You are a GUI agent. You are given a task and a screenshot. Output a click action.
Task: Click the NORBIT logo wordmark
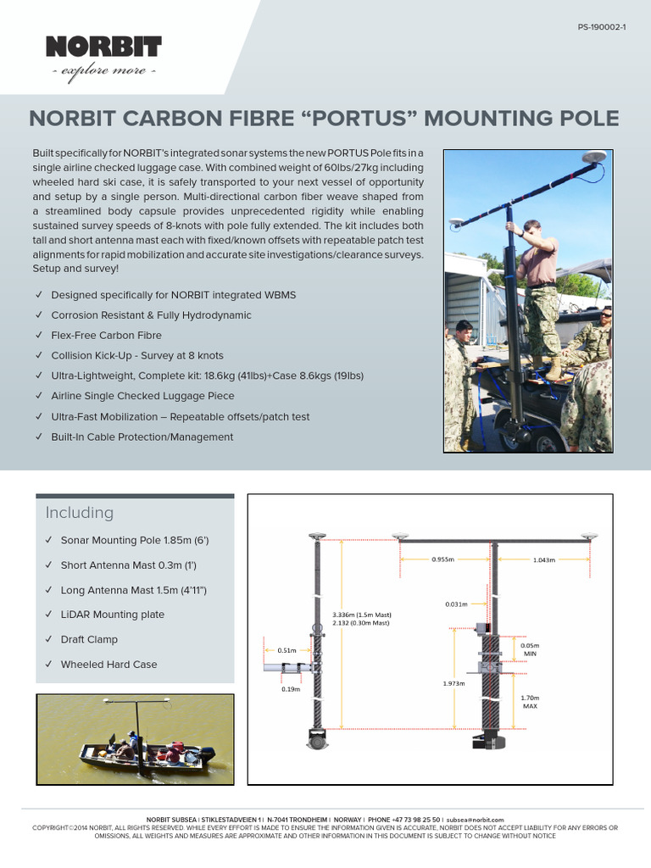pos(103,47)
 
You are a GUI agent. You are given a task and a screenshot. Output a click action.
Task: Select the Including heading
pos(79,513)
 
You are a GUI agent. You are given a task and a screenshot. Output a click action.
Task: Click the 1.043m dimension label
pos(545,559)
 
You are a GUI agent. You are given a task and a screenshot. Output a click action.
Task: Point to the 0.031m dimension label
pos(456,604)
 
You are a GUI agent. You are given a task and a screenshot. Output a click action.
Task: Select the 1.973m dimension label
pos(453,683)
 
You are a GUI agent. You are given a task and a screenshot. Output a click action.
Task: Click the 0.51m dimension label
pos(287,650)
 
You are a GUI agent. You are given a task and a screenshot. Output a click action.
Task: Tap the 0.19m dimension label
pos(290,689)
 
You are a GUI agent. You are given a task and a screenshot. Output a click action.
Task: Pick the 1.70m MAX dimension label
pos(530,702)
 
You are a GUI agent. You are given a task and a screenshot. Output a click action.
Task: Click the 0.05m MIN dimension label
pos(530,649)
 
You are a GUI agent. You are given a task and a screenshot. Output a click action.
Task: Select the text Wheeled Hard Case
pos(108,665)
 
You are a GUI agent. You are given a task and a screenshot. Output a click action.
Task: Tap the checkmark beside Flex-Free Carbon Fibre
pos(39,336)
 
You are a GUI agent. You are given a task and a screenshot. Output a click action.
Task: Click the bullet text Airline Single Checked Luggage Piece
pos(142,396)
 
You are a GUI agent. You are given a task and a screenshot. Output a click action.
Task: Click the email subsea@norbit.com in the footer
pos(475,820)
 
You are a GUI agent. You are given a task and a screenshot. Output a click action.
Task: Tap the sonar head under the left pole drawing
pos(318,741)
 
